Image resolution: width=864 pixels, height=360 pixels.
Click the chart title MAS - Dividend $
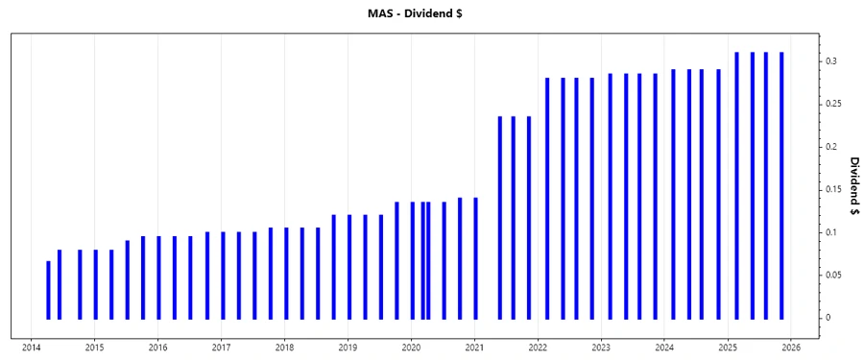point(431,13)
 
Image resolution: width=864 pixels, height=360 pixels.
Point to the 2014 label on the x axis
point(31,348)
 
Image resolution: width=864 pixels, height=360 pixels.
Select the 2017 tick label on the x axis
point(221,348)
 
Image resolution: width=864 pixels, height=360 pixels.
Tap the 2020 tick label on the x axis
point(411,348)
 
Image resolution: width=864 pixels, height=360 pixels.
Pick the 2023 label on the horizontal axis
point(601,348)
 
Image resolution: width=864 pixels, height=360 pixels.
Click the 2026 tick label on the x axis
point(791,348)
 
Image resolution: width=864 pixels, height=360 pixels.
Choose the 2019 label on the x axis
point(348,348)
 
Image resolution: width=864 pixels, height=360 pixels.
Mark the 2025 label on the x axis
point(728,348)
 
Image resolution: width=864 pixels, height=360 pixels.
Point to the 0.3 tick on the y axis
point(831,60)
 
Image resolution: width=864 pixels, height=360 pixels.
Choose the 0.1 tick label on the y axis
point(831,232)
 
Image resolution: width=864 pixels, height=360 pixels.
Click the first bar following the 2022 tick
point(547,198)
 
